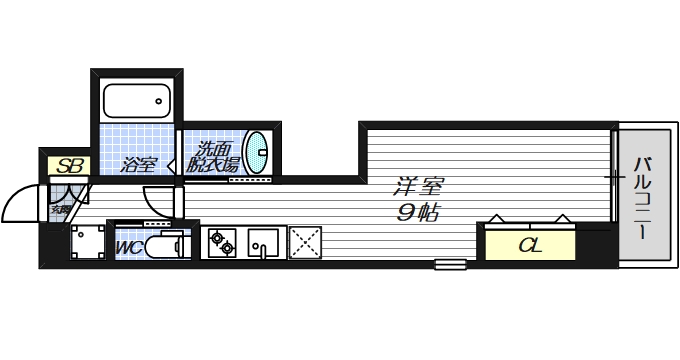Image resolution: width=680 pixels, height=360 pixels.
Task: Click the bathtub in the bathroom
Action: point(138,101)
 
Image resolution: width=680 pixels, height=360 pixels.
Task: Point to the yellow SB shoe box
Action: point(69,166)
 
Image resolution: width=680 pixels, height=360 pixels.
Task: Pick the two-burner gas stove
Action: point(221,243)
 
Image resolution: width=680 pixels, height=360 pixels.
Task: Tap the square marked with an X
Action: point(304,243)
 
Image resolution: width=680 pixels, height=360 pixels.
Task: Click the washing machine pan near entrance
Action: point(87,242)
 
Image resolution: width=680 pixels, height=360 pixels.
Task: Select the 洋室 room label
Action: point(418,187)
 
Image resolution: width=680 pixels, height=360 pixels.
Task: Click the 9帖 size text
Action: point(418,213)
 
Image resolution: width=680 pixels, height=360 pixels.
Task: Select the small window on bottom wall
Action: point(450,265)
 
